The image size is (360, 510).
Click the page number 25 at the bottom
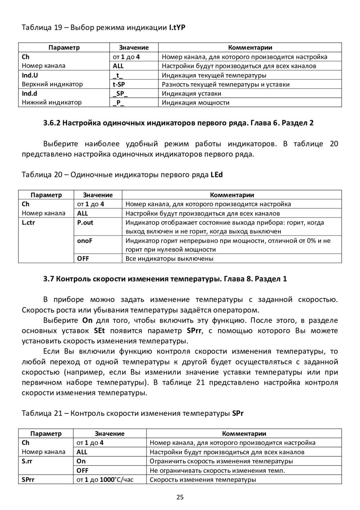180,497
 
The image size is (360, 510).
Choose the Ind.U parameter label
30,75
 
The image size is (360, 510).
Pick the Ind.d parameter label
30,94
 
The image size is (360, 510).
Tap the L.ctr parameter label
28,223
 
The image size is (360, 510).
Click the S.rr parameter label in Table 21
27,461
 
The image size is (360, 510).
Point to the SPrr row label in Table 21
28,480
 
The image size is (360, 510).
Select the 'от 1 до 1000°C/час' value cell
105,480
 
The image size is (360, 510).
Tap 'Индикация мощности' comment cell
196,103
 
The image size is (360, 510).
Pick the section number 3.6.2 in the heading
52,123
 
